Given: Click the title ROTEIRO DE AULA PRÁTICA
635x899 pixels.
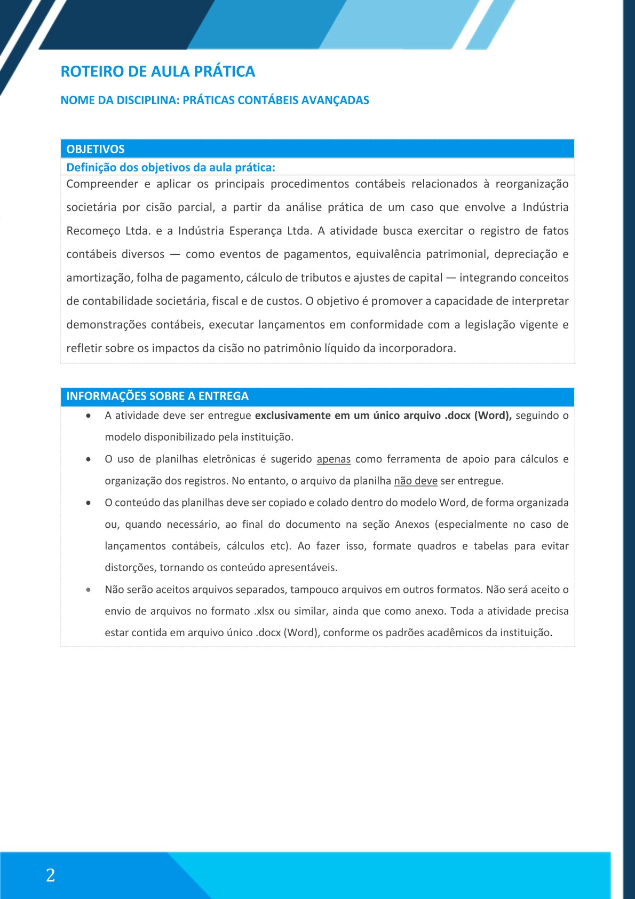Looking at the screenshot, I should (x=157, y=72).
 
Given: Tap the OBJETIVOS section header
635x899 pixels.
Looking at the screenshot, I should (x=96, y=149).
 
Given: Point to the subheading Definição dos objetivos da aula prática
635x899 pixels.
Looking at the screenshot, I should (x=171, y=167).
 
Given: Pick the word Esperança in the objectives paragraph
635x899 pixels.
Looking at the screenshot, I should (x=254, y=231).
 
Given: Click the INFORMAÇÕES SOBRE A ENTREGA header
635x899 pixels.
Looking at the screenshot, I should (x=157, y=396).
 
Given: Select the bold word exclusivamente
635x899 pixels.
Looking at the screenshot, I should (x=292, y=416).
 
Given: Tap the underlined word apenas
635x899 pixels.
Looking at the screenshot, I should (x=334, y=459).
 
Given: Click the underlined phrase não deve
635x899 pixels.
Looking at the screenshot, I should (x=415, y=481).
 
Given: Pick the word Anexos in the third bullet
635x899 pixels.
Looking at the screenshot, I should (x=412, y=525).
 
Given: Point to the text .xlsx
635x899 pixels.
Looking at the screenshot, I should (x=264, y=611).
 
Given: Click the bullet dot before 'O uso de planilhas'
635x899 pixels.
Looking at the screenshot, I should (x=89, y=459).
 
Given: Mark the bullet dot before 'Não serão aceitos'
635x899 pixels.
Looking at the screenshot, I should (x=89, y=590).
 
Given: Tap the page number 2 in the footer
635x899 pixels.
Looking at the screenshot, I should (x=51, y=875).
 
